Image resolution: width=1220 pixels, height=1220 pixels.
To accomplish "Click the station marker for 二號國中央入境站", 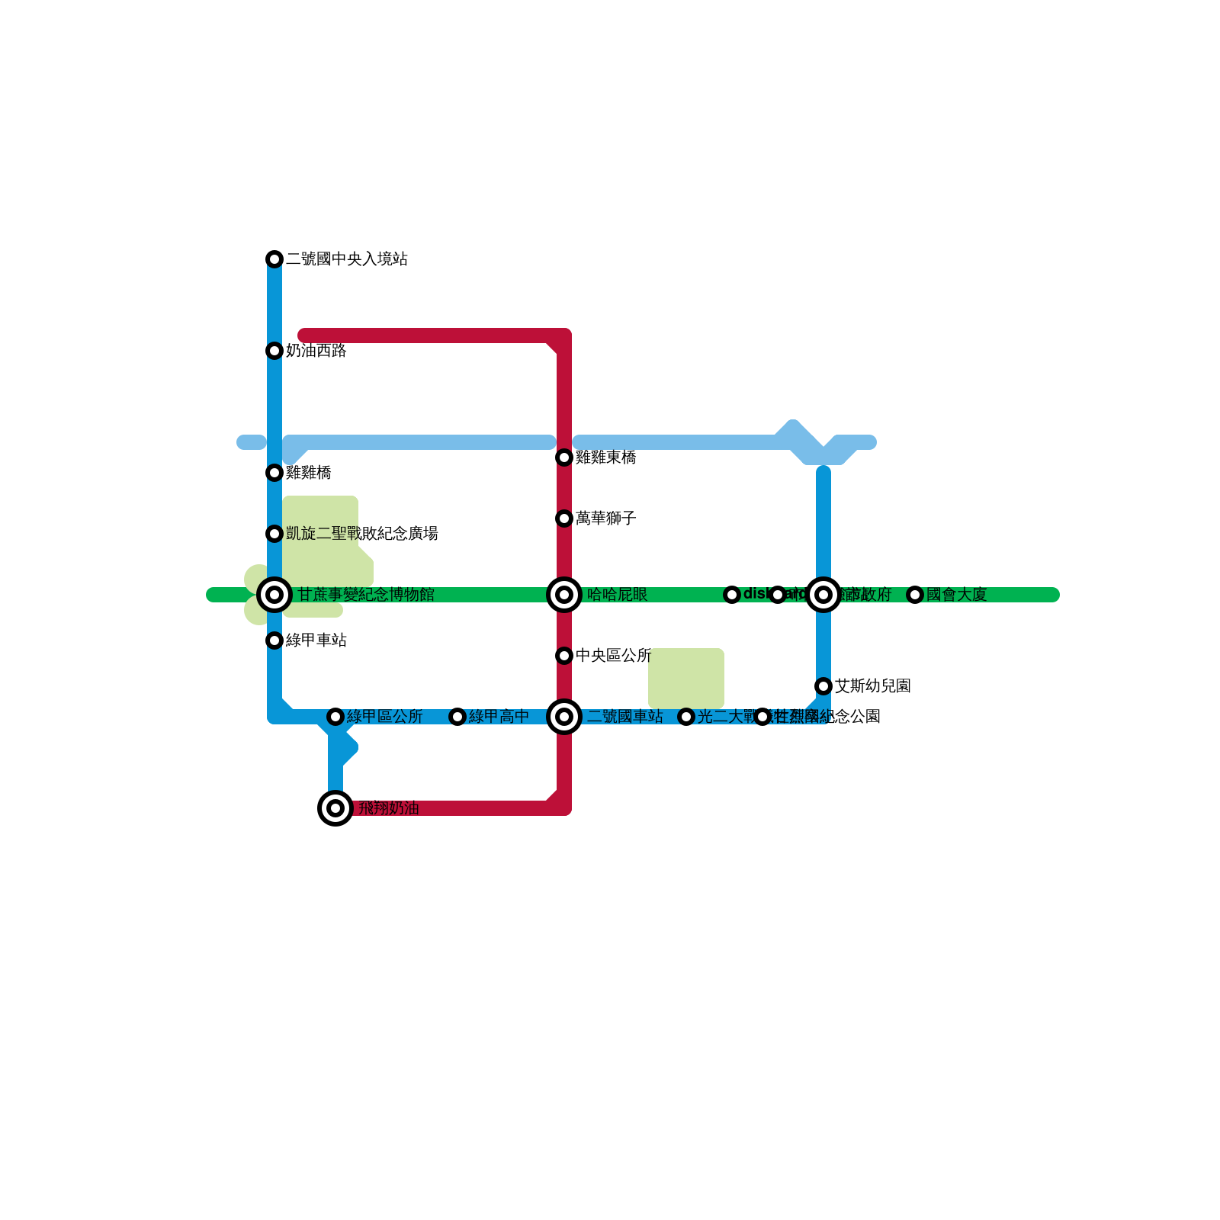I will (274, 259).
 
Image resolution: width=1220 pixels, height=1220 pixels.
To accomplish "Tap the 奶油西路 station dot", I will (274, 351).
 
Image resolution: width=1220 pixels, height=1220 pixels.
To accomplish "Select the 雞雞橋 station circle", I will (274, 473).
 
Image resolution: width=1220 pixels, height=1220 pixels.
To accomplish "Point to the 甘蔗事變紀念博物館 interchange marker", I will (274, 595).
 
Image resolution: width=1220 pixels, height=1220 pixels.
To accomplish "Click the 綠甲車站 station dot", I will (274, 640).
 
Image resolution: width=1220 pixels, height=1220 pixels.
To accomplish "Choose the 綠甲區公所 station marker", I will (335, 717).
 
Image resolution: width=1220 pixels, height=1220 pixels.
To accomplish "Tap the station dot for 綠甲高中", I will (457, 717).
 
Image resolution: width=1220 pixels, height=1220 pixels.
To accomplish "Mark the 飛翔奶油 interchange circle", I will (335, 808).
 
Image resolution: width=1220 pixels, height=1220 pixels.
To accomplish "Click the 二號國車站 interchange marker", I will (564, 717).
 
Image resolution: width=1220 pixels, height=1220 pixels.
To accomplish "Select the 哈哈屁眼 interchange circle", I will (564, 595).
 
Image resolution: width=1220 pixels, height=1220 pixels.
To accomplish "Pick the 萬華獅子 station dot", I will (564, 518).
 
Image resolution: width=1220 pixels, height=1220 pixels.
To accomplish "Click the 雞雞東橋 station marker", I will (564, 457).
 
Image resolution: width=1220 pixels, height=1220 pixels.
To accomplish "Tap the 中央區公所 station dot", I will (564, 656).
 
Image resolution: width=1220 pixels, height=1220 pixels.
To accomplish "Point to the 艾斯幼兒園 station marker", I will (823, 686).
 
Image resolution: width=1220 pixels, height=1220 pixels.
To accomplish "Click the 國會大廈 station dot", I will (915, 595).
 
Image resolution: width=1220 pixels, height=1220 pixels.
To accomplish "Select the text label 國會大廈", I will (957, 595).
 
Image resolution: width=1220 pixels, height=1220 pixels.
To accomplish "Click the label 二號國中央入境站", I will (347, 259).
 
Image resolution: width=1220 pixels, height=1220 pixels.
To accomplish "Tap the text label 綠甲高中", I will (499, 717).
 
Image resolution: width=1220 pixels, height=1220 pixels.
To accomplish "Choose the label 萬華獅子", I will (606, 518).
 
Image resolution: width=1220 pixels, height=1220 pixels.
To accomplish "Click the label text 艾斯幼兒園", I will (873, 686).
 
